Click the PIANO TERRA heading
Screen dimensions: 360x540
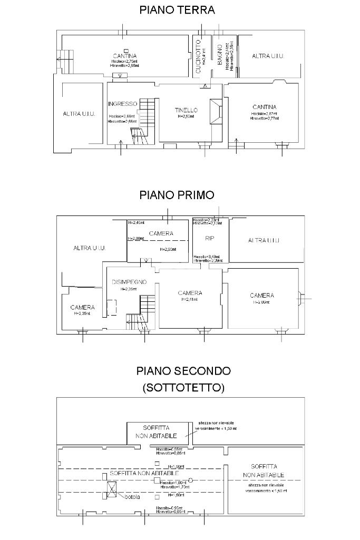177,9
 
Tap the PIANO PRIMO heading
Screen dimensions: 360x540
177,194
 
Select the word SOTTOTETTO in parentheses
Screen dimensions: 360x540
183,388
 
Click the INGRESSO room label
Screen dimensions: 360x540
122,103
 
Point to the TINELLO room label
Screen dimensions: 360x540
186,110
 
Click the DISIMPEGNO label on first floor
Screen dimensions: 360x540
129,282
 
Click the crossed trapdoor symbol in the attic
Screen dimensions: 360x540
112,489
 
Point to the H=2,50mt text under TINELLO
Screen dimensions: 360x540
186,116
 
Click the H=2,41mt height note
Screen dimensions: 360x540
190,300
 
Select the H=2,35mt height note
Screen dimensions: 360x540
82,313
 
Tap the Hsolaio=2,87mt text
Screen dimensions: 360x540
264,114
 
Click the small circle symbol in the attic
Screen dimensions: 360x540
191,480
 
